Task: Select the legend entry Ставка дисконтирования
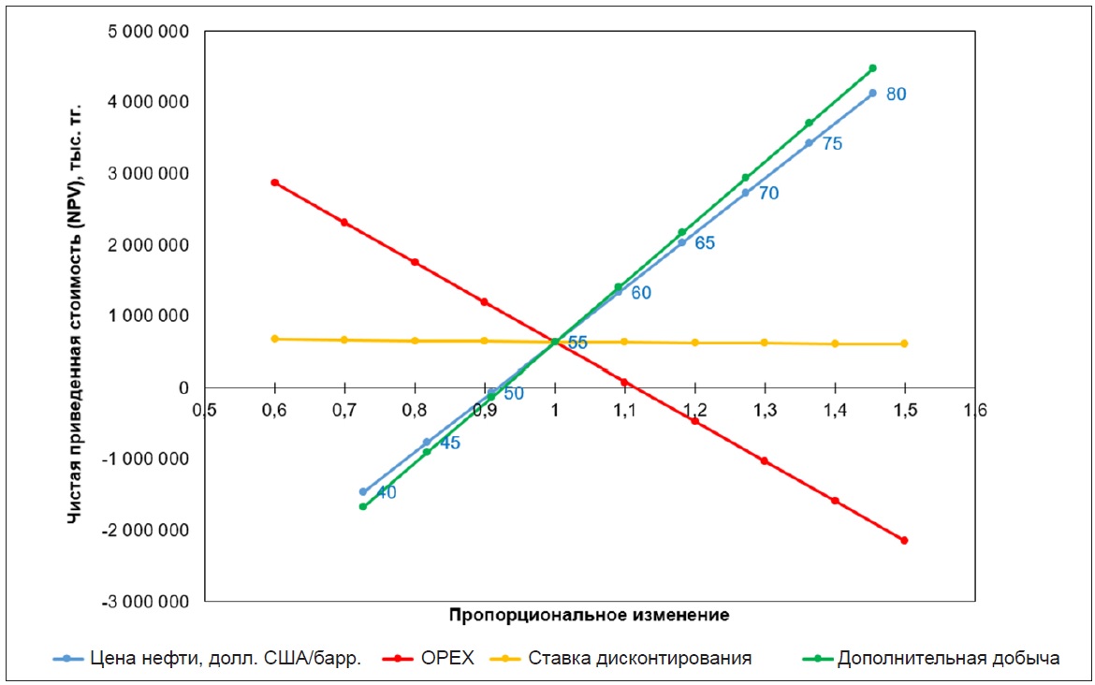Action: click(x=639, y=658)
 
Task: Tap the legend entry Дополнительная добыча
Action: click(x=948, y=658)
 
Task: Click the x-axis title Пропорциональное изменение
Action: click(x=589, y=615)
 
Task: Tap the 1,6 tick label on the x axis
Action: click(x=975, y=410)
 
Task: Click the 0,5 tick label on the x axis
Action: click(x=205, y=410)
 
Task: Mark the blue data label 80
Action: click(x=896, y=94)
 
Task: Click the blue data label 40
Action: click(x=386, y=492)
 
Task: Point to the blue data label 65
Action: click(x=705, y=242)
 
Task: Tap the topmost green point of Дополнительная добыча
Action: click(x=872, y=68)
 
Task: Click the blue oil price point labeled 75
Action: click(x=809, y=143)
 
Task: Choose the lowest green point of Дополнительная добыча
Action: click(x=363, y=506)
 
